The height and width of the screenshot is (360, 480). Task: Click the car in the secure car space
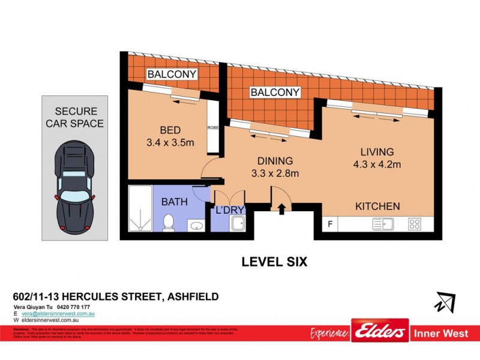coord(75,189)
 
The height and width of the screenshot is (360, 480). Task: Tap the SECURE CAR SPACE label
coord(75,118)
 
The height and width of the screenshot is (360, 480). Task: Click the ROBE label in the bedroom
coord(212,127)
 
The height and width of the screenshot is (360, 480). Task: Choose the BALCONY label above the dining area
coord(275,92)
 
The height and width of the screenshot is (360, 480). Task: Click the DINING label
coord(275,161)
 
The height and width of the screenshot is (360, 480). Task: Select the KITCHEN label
coord(377,206)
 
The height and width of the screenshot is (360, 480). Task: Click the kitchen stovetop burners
coord(415,225)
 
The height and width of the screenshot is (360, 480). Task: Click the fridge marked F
coord(329,225)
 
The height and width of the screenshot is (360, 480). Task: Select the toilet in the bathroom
coord(169,221)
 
